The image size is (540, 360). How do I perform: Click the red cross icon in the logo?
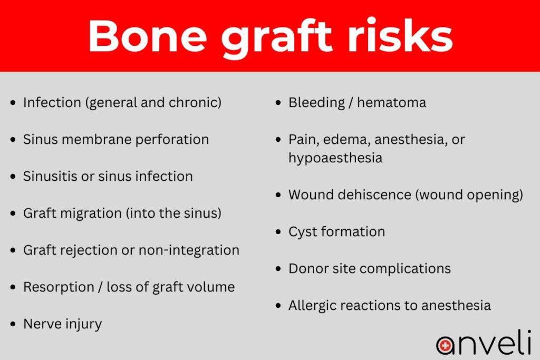(446, 345)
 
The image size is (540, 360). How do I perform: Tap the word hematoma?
(391, 102)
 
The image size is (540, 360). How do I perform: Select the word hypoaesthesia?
(335, 158)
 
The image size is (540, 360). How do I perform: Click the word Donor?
(308, 268)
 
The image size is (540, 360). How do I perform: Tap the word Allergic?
(315, 306)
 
